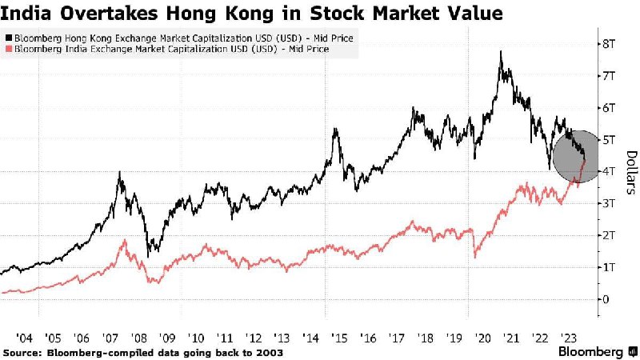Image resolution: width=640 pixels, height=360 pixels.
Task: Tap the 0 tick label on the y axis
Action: coord(606,299)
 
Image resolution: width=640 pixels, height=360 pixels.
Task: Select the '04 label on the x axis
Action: coord(24,338)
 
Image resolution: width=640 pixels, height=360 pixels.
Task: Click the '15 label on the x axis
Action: coord(339,338)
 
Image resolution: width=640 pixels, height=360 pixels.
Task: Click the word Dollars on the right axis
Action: coord(631,172)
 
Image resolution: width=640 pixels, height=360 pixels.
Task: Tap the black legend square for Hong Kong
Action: coord(9,38)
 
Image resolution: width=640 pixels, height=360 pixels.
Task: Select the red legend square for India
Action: coord(9,49)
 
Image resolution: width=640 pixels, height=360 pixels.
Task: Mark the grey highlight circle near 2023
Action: coord(575,156)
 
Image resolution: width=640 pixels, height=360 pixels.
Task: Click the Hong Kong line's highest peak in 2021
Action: coord(501,51)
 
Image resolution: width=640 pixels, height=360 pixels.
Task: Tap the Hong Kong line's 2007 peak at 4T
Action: coord(119,172)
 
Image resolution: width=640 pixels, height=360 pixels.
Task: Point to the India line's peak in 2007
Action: coord(125,240)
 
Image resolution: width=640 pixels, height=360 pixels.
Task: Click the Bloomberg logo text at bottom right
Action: coord(590,352)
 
